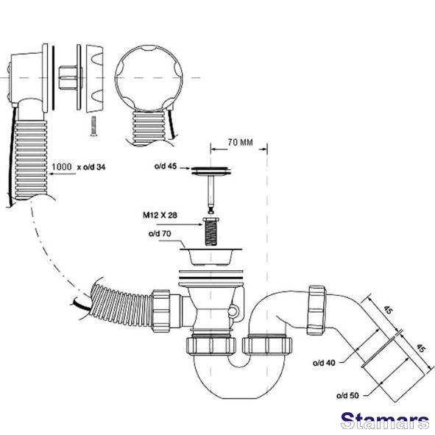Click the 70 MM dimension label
point(240,142)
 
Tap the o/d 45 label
point(166,166)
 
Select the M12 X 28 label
point(160,215)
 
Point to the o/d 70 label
point(160,233)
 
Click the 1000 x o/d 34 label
point(79,167)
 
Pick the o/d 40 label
point(324,363)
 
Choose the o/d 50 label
point(347,395)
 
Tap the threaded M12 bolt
point(211,231)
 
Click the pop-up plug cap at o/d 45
point(211,171)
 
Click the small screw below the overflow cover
point(93,126)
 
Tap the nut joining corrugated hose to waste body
point(160,311)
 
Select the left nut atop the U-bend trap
point(211,345)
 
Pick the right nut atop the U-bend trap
point(267,345)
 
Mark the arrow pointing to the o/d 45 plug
point(184,168)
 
